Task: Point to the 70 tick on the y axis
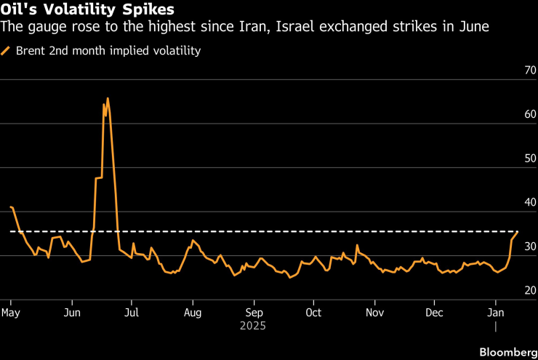click(529, 71)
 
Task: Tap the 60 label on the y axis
click(529, 115)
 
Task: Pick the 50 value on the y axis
click(529, 159)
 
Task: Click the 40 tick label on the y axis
click(529, 204)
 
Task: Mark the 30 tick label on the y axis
click(529, 247)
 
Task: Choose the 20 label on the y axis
click(529, 291)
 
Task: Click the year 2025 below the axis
click(253, 326)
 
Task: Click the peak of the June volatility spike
click(108, 98)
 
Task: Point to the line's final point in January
click(518, 231)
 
